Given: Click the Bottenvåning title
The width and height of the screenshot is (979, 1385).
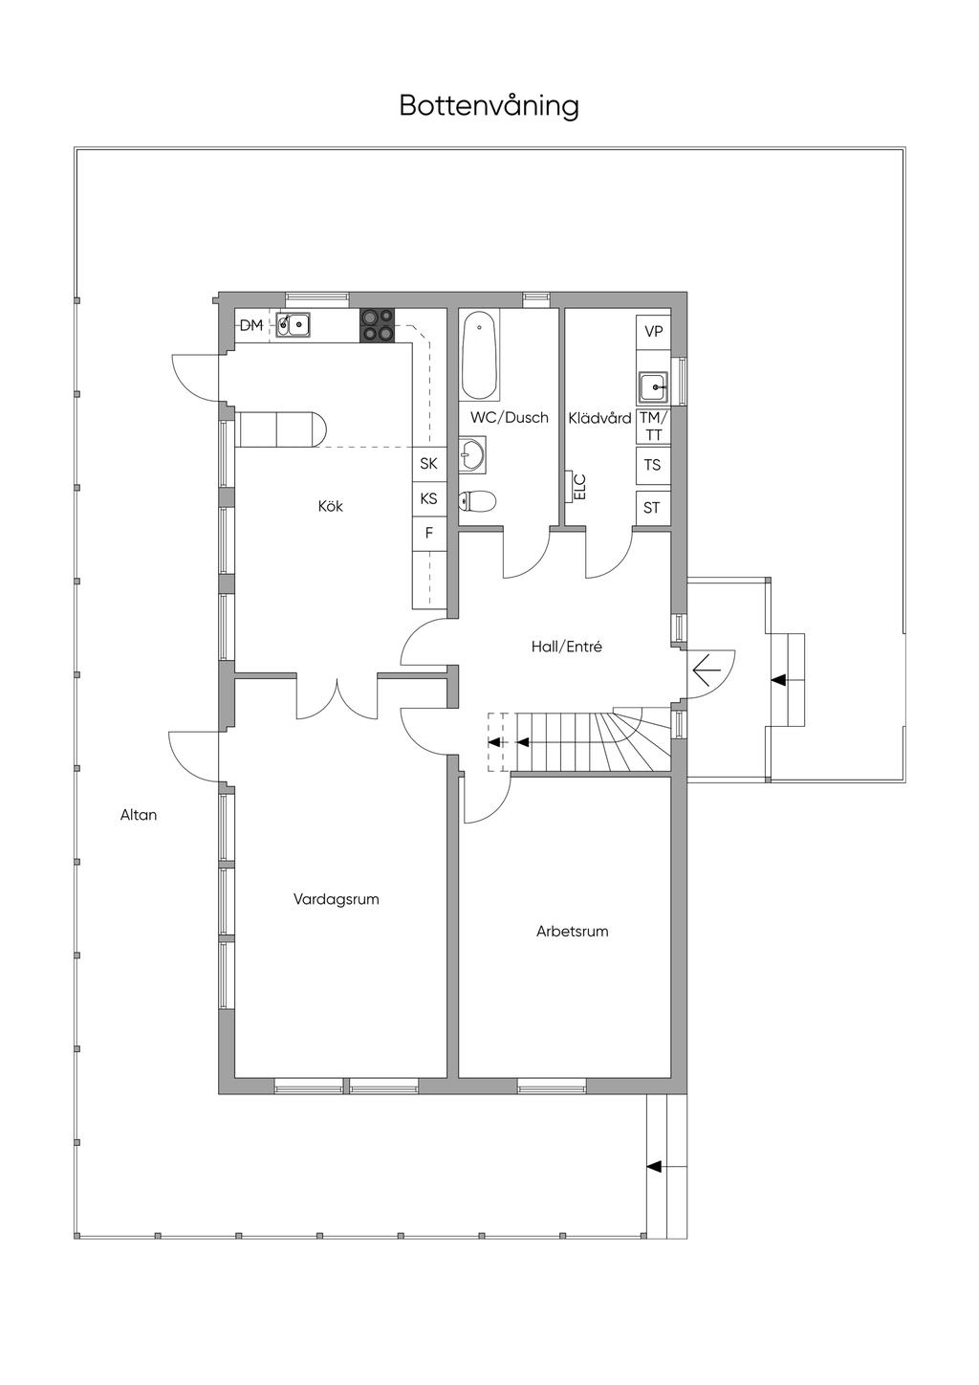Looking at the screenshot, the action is pyautogui.click(x=489, y=106).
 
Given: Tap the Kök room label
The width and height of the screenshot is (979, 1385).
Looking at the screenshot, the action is pyautogui.click(x=330, y=506).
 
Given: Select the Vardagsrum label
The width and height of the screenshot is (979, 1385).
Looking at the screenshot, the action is pyautogui.click(x=337, y=899).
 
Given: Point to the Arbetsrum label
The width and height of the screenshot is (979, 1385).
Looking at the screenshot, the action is pyautogui.click(x=573, y=932).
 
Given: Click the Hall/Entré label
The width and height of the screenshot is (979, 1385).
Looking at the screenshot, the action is pyautogui.click(x=567, y=647).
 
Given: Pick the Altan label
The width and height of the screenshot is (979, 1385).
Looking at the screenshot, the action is pyautogui.click(x=139, y=815).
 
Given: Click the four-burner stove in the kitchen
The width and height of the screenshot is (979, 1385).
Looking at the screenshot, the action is pyautogui.click(x=378, y=324).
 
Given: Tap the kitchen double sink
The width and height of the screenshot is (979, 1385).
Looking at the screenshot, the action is pyautogui.click(x=293, y=324).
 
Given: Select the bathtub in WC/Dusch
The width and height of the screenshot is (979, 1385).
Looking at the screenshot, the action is pyautogui.click(x=479, y=356).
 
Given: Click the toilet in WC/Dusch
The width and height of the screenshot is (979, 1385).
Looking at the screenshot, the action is pyautogui.click(x=477, y=501).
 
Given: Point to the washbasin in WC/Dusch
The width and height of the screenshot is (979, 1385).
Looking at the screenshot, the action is pyautogui.click(x=472, y=455).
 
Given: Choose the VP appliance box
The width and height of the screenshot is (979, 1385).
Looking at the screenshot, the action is pyautogui.click(x=653, y=332).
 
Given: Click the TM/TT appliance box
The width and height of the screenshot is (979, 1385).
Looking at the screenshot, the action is pyautogui.click(x=653, y=427).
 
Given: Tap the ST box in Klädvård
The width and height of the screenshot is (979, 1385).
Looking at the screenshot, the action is pyautogui.click(x=653, y=508).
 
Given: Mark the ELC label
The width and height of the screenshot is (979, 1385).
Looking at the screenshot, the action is pyautogui.click(x=579, y=487).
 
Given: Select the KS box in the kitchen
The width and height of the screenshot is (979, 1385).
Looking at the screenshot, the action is pyautogui.click(x=429, y=498).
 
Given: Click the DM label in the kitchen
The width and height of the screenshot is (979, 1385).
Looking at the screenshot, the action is pyautogui.click(x=250, y=325).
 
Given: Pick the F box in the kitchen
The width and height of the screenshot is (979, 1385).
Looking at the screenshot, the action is pyautogui.click(x=429, y=533).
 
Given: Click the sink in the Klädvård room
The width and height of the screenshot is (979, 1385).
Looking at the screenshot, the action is pyautogui.click(x=653, y=387).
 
